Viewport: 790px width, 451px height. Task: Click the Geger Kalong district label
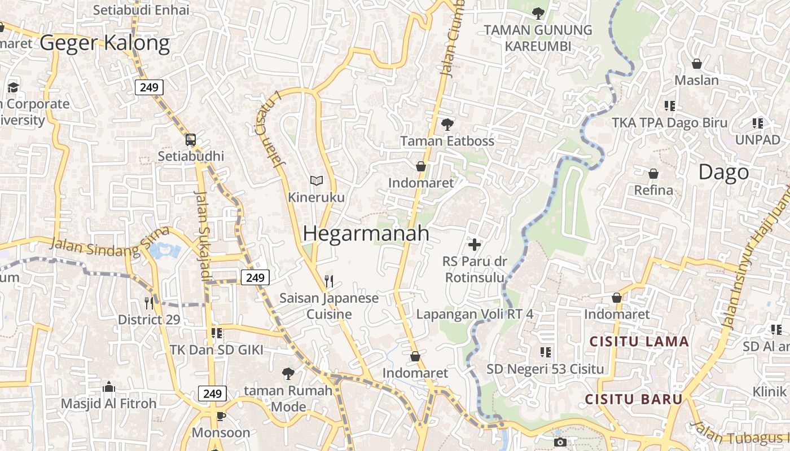(104, 43)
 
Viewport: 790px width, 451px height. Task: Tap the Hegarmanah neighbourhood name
(366, 233)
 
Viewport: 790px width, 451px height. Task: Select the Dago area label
(723, 172)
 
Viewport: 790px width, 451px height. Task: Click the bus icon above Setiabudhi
(191, 139)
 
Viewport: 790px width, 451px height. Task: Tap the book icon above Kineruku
(317, 180)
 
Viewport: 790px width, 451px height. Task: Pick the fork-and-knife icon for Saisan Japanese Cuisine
(329, 280)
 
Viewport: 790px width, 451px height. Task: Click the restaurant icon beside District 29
(149, 303)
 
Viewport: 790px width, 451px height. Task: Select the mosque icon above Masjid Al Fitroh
(109, 387)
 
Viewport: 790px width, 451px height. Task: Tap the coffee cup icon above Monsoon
(221, 416)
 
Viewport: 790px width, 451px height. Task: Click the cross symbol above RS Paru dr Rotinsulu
(475, 244)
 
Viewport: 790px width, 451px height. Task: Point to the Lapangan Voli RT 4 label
(475, 314)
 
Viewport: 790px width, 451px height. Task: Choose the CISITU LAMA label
(639, 342)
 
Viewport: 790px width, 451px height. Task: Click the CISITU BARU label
(634, 400)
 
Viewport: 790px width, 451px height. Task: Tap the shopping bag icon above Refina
(653, 173)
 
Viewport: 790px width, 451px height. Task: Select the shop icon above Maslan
(697, 64)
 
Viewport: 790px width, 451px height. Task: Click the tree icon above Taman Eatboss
(447, 124)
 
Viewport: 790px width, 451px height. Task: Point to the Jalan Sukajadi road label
(202, 235)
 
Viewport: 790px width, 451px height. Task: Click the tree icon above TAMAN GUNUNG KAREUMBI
(538, 13)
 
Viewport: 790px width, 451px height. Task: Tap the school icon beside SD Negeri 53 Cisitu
(546, 352)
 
